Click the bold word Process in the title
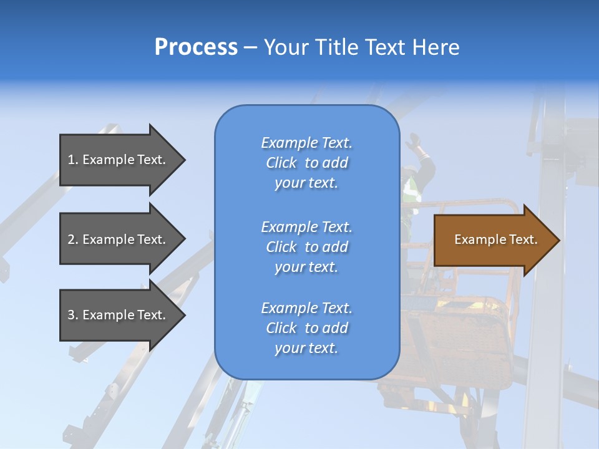pyautogui.click(x=196, y=47)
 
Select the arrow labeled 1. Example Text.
pyautogui.click(x=119, y=160)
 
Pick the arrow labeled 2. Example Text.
pyautogui.click(x=119, y=239)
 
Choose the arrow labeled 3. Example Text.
pyautogui.click(x=119, y=315)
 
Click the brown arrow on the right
pyautogui.click(x=493, y=240)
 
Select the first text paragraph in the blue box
pyautogui.click(x=306, y=163)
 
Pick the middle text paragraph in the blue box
pyautogui.click(x=306, y=247)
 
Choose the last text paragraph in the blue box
pyautogui.click(x=306, y=328)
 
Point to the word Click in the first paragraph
pyautogui.click(x=281, y=163)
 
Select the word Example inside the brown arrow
pyautogui.click(x=475, y=239)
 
